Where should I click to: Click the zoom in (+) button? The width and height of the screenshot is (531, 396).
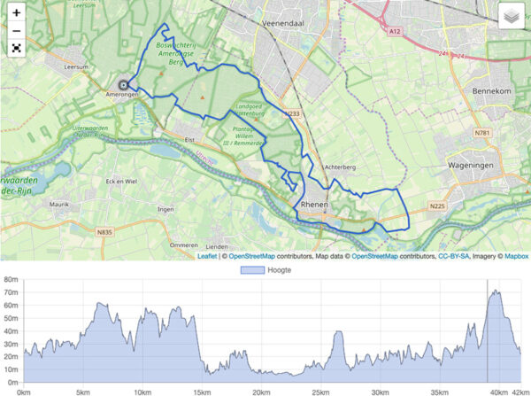[16, 13]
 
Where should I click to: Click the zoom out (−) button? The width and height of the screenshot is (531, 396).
[16, 32]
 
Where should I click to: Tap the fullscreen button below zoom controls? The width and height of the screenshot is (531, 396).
[16, 50]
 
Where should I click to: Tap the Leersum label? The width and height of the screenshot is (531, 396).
[77, 66]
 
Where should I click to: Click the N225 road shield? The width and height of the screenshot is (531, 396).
[436, 206]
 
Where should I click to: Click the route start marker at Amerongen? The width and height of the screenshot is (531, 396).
[122, 85]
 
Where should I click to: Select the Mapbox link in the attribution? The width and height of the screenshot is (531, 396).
[516, 256]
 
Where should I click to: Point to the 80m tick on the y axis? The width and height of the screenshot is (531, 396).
[11, 280]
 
